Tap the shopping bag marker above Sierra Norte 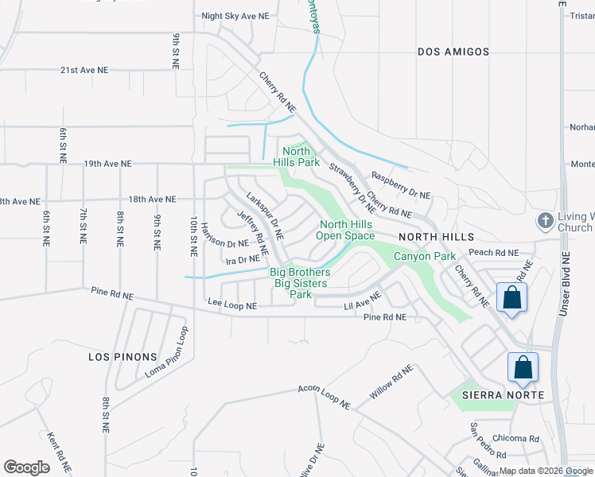[523, 368]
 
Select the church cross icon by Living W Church [546, 220]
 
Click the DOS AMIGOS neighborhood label [453, 52]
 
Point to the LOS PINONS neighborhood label [122, 358]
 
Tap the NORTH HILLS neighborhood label [436, 237]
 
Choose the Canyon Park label [424, 256]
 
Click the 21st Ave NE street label [84, 70]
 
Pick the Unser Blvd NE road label [564, 282]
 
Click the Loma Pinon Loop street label [165, 351]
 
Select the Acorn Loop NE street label [325, 397]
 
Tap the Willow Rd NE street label [391, 382]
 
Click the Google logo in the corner [26, 467]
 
